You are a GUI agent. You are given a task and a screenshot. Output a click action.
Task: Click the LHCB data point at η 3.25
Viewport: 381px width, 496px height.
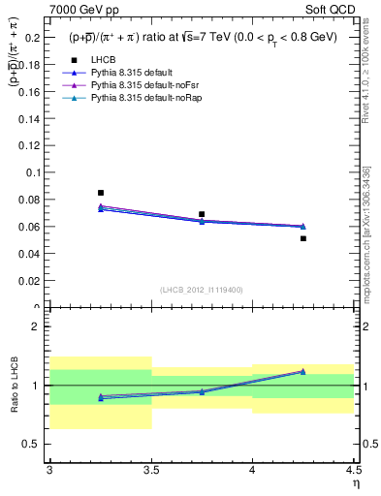(100, 193)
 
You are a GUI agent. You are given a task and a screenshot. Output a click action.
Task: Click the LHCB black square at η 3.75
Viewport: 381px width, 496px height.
(202, 214)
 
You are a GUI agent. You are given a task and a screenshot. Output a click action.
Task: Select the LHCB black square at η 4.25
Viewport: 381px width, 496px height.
(303, 238)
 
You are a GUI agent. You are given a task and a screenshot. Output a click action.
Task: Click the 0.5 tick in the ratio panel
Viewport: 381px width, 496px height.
(33, 445)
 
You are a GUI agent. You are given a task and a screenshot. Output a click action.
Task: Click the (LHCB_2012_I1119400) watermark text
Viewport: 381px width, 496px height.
(202, 290)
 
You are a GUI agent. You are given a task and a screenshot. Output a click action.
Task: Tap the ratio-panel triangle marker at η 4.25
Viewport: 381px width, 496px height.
(303, 371)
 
